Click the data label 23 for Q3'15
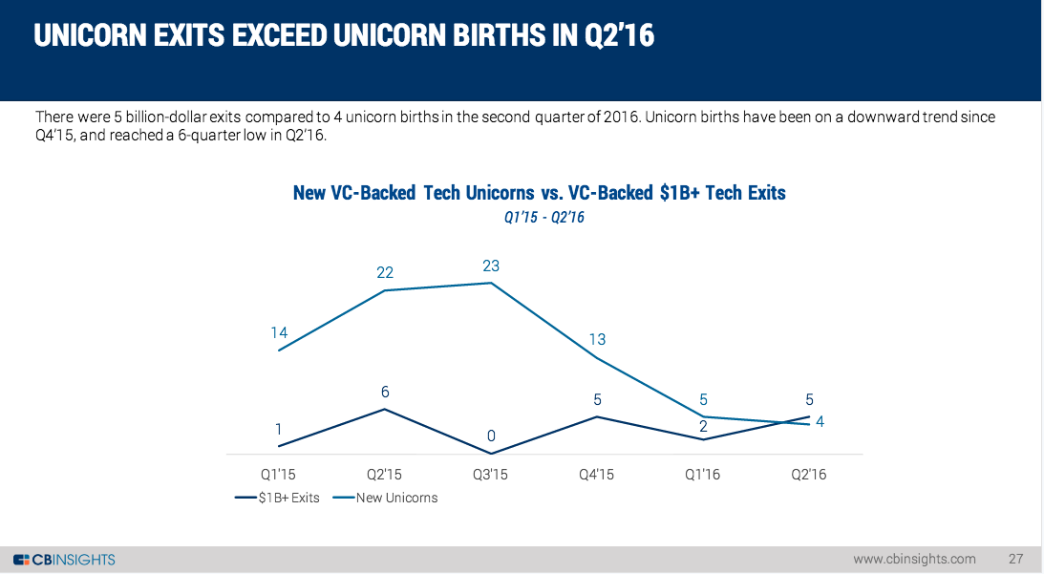pyautogui.click(x=491, y=266)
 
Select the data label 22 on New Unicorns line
pyautogui.click(x=384, y=273)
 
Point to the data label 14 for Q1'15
pyautogui.click(x=279, y=333)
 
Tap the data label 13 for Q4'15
pyautogui.click(x=597, y=340)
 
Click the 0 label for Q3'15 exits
pyautogui.click(x=491, y=436)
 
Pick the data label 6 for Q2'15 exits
pyautogui.click(x=384, y=392)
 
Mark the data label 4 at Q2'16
pyautogui.click(x=820, y=421)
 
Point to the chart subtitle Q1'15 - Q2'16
pyautogui.click(x=543, y=218)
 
